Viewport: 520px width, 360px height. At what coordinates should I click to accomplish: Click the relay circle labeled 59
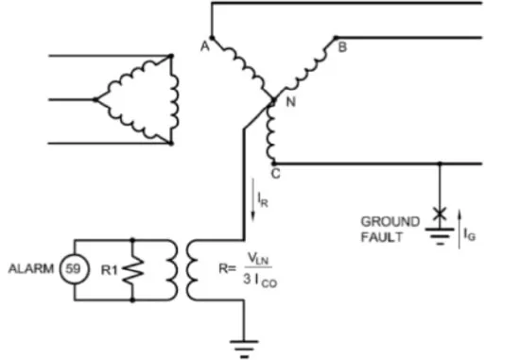75,269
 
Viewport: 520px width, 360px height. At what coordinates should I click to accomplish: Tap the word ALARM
31,268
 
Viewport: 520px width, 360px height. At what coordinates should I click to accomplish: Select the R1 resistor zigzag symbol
133,270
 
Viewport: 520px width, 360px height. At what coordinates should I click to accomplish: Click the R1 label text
110,270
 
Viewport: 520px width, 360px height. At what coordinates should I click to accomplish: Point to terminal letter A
205,46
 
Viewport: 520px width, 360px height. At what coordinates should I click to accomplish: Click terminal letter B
342,47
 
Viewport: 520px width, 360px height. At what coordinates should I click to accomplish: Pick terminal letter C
275,173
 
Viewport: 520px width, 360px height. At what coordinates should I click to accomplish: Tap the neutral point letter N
291,102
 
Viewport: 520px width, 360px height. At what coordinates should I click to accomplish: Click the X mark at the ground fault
440,213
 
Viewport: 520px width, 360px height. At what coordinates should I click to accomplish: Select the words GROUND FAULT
390,229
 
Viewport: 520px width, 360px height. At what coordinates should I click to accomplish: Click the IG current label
470,234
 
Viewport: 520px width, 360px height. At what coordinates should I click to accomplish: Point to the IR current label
263,199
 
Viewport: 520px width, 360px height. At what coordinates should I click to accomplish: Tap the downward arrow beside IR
252,200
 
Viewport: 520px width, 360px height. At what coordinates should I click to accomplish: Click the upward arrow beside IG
459,229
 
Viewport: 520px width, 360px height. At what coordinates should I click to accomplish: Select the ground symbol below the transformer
245,349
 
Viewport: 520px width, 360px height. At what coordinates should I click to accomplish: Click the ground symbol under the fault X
440,236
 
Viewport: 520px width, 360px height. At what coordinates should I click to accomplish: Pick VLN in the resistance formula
258,259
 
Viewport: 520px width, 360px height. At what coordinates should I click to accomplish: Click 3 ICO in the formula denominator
260,281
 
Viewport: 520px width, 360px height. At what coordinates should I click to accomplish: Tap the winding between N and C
271,132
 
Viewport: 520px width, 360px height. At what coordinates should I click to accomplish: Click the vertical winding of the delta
174,100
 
